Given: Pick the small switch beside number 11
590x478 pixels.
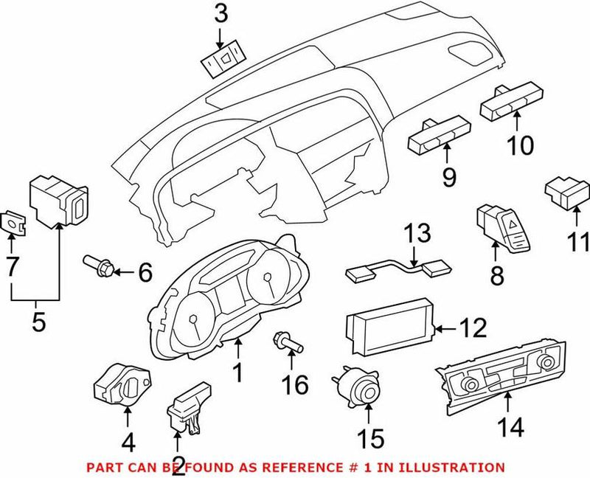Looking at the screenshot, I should (565, 193).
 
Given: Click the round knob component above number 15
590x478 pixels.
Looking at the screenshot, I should (358, 385).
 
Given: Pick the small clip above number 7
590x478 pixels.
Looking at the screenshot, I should (13, 221).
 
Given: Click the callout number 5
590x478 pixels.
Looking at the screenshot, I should (38, 321).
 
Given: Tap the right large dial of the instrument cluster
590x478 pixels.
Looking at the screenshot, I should (271, 284).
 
